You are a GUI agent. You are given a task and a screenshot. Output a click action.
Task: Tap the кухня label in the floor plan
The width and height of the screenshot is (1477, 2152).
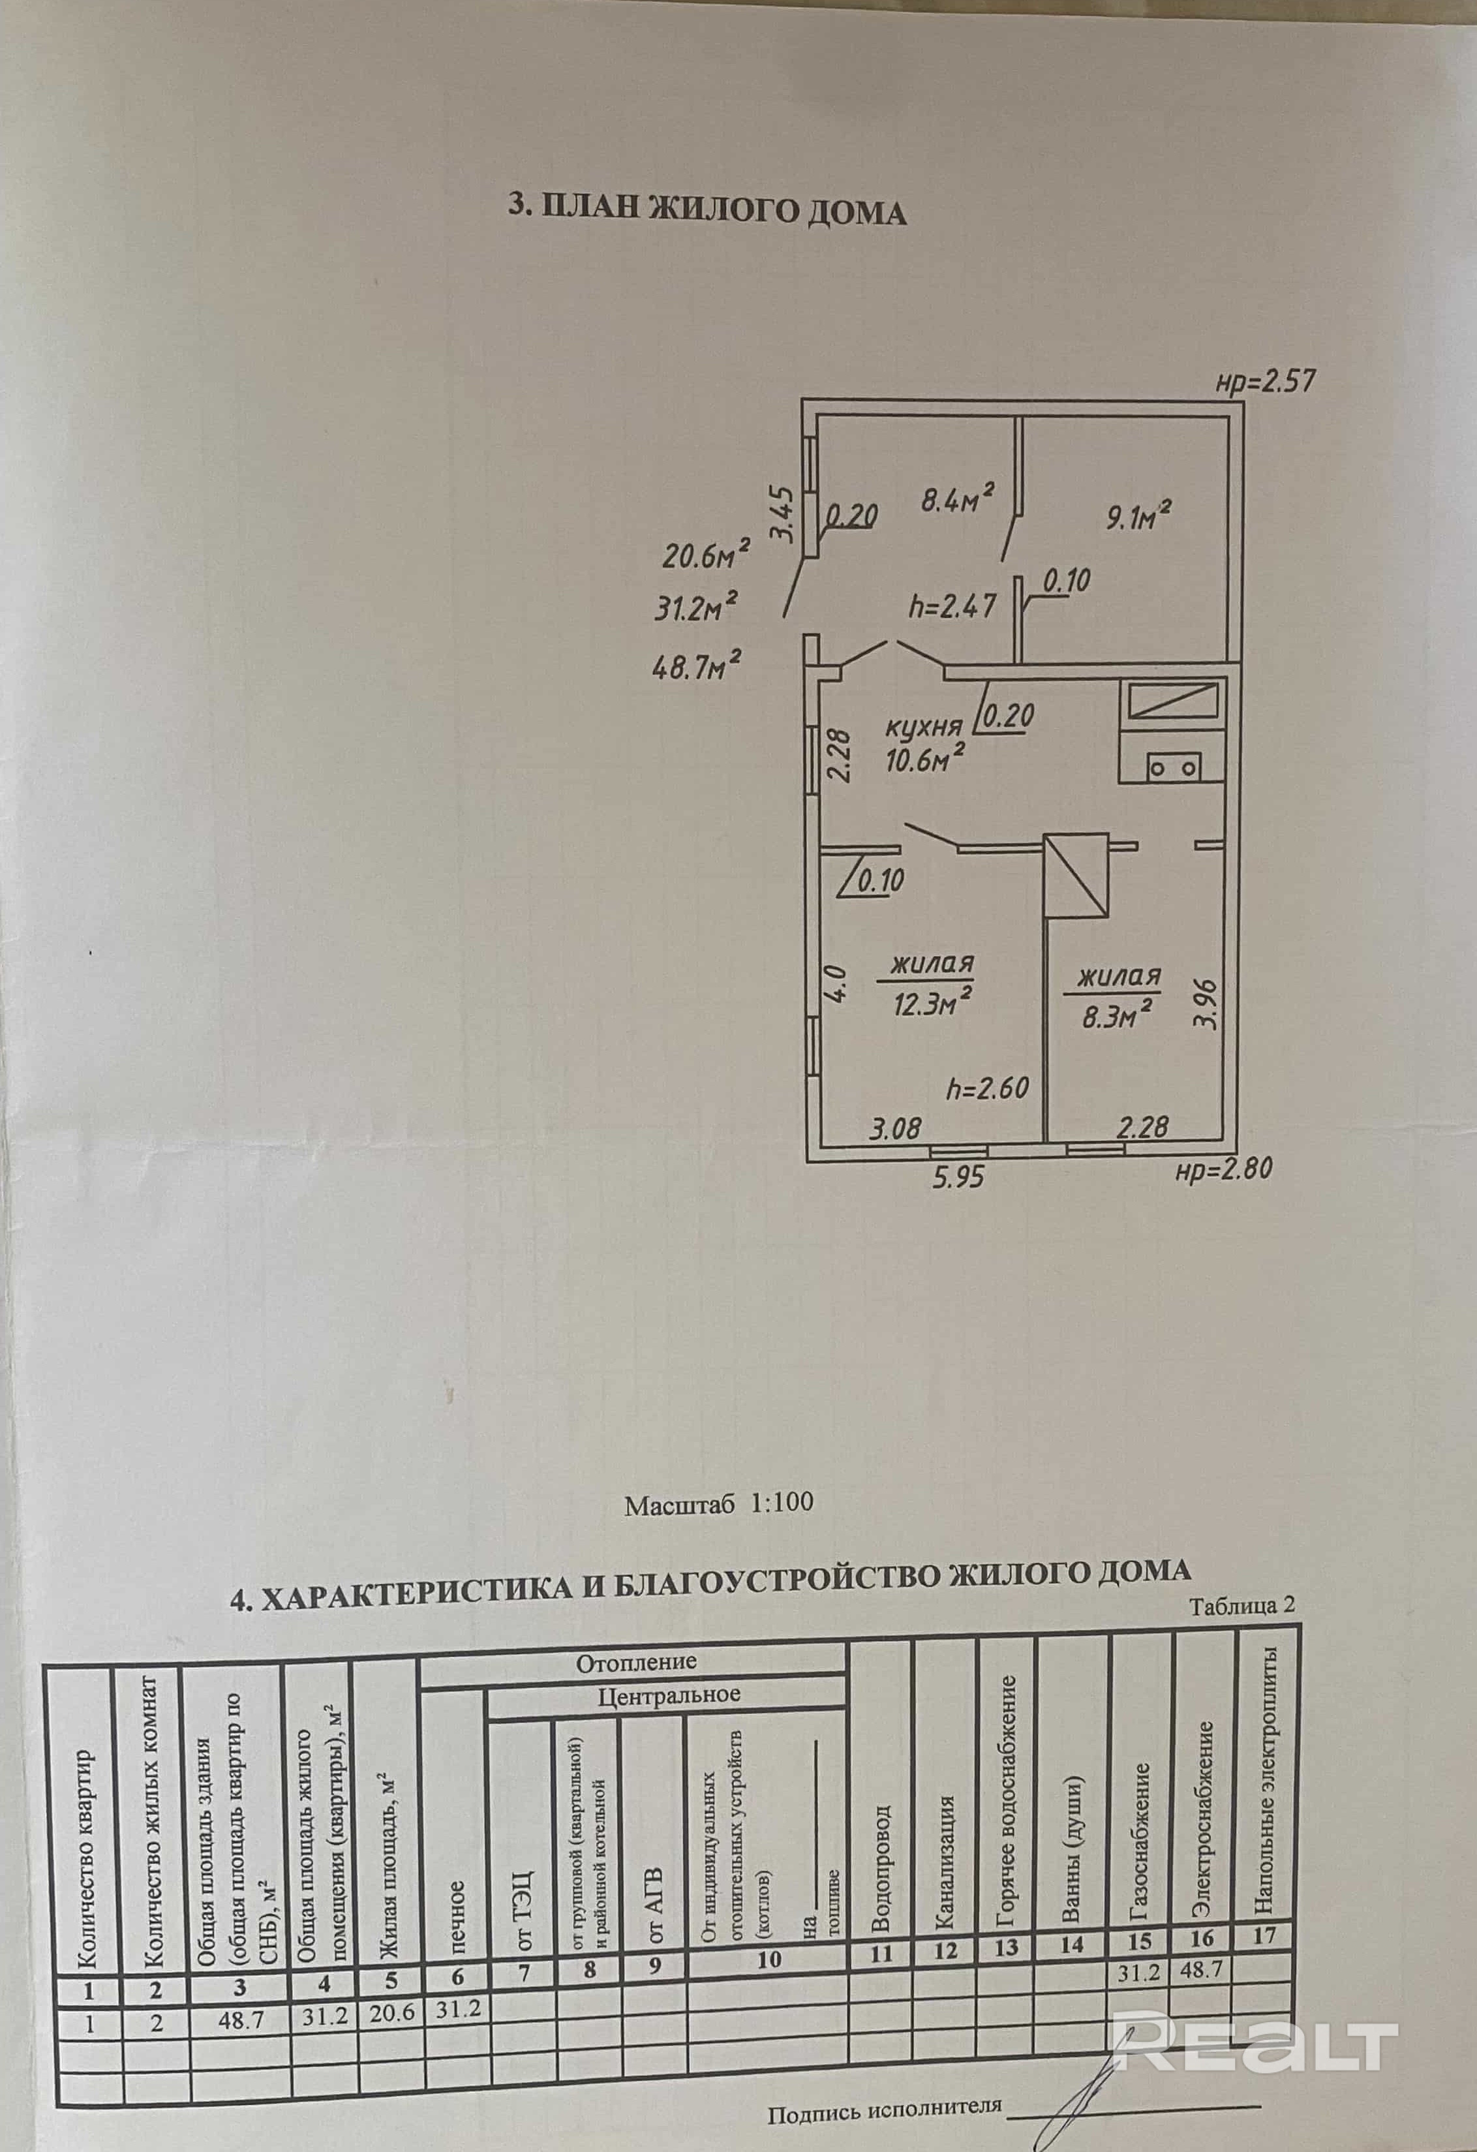pyautogui.click(x=922, y=727)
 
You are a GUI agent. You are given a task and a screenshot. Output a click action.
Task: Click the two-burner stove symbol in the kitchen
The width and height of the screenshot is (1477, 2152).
pyautogui.click(x=1173, y=767)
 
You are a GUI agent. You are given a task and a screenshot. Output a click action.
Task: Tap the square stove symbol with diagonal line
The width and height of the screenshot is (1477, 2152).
pyautogui.click(x=1076, y=875)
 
